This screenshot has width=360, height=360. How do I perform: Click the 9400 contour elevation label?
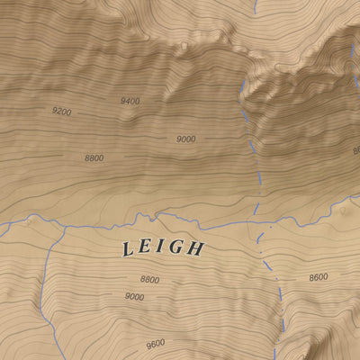130,101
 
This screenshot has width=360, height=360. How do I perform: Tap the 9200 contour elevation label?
61,112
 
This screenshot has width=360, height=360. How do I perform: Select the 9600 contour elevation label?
155,343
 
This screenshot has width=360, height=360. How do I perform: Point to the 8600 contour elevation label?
318,277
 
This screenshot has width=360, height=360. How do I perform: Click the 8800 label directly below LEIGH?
149,280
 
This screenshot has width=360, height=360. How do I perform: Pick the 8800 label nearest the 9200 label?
94,157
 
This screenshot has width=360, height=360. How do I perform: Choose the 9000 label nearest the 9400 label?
186,139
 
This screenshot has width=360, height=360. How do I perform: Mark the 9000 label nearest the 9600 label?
134,296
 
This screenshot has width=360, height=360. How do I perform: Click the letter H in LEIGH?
194,249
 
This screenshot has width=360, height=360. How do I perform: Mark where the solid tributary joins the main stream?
66,226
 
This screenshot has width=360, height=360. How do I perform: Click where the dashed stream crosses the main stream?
253,220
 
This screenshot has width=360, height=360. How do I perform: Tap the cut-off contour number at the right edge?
355,150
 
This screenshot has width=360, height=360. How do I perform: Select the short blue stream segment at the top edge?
255,6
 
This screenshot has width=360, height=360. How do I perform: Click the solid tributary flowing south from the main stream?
47,270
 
